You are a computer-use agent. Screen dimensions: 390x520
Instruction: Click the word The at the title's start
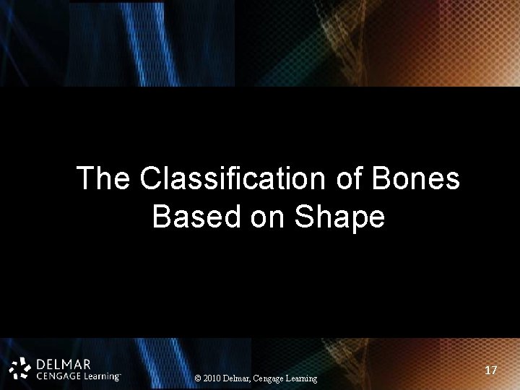103,178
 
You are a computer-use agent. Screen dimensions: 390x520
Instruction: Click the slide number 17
491,370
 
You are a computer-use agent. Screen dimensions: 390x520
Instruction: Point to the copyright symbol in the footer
199,378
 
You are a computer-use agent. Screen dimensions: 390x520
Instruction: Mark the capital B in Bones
383,178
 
